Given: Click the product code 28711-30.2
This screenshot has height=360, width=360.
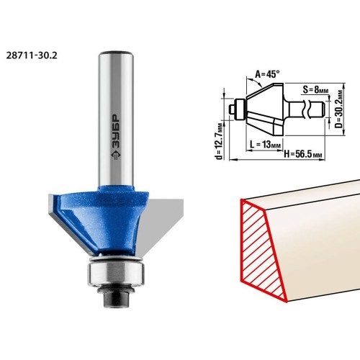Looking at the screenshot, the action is tap(32, 55).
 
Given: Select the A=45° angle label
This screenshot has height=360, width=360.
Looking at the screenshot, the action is tap(267, 74).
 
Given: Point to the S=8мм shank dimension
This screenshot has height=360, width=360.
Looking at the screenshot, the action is tap(315, 90).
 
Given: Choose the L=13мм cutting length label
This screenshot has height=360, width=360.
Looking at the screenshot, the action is tap(265, 145).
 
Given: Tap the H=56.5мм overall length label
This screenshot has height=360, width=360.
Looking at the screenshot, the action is tap(303, 154).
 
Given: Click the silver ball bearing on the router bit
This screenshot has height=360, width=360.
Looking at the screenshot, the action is tap(116, 274).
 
